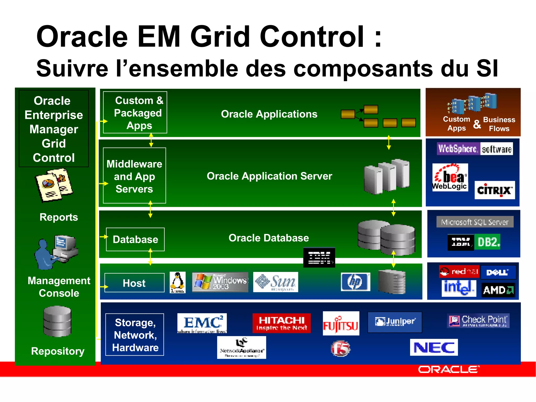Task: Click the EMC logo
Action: pyautogui.click(x=202, y=323)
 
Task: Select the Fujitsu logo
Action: pyautogui.click(x=341, y=323)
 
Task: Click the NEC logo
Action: pyautogui.click(x=434, y=347)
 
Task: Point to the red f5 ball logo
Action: pyautogui.click(x=340, y=348)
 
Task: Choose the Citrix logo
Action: pyautogui.click(x=494, y=190)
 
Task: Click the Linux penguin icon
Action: pyautogui.click(x=177, y=282)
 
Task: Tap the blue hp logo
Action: pyautogui.click(x=355, y=282)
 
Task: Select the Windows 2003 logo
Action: pyautogui.click(x=220, y=282)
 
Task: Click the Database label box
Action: pyautogui.click(x=135, y=239)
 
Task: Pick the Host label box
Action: pyautogui.click(x=134, y=283)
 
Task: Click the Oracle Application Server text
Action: pyautogui.click(x=269, y=176)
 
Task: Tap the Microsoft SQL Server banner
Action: pyautogui.click(x=474, y=222)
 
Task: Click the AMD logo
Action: pyautogui.click(x=498, y=290)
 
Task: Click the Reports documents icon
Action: pyautogui.click(x=54, y=185)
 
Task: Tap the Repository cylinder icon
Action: pyautogui.click(x=57, y=321)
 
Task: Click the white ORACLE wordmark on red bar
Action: pyautogui.click(x=449, y=369)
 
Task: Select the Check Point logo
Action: pyautogui.click(x=478, y=321)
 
